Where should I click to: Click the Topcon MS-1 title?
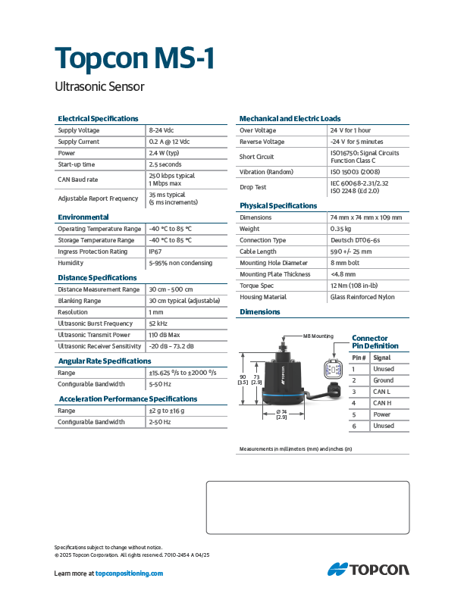136,58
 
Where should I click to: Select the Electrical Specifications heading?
99,119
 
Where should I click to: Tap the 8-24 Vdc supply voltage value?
161,130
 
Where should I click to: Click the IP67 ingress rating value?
155,252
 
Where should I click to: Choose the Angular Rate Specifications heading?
105,361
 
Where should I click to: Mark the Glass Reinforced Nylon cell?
362,297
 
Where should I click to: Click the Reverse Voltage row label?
262,142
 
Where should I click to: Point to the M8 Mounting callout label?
318,336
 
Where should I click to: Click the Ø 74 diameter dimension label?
281,414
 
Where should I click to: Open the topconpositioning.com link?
130,573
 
